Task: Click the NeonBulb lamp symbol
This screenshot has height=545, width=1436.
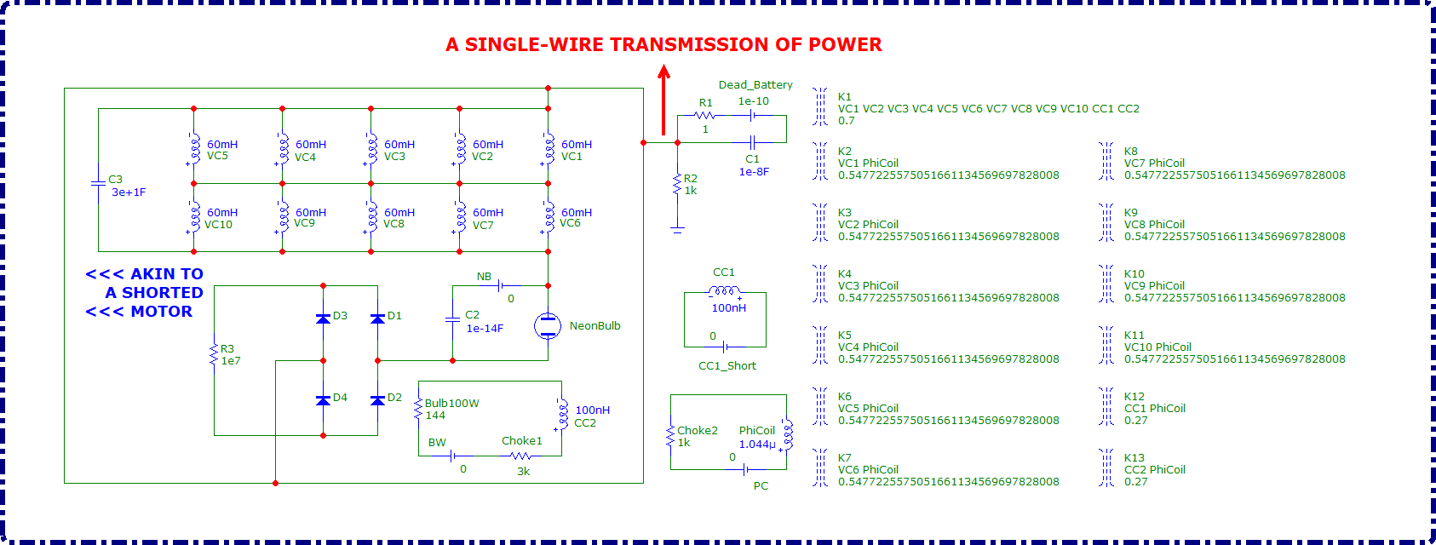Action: (x=548, y=325)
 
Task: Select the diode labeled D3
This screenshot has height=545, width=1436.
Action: (x=323, y=318)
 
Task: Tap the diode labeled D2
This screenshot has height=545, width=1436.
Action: (x=377, y=399)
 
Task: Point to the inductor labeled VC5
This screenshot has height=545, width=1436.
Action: (x=194, y=147)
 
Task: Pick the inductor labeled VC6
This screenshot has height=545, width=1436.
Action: (x=549, y=216)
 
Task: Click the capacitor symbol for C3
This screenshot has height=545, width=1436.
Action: (x=98, y=183)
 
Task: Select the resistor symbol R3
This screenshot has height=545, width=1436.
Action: (x=214, y=355)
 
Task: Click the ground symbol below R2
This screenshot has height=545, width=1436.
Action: (x=677, y=228)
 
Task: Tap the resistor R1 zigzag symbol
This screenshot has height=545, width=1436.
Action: (x=704, y=115)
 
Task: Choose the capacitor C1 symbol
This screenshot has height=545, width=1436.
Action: (x=752, y=142)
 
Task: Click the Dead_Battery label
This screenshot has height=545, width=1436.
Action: (x=755, y=84)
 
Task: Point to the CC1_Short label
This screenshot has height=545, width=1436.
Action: (x=727, y=365)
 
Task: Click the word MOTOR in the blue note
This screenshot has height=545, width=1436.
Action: (x=162, y=312)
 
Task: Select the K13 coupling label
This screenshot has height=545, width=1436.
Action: (x=1134, y=457)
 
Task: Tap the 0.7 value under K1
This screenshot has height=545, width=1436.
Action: (x=846, y=121)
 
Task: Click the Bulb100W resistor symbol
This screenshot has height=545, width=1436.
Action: (x=418, y=409)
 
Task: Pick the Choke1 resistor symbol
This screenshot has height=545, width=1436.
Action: (x=520, y=456)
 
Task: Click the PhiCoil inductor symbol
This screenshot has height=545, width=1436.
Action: (x=787, y=433)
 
